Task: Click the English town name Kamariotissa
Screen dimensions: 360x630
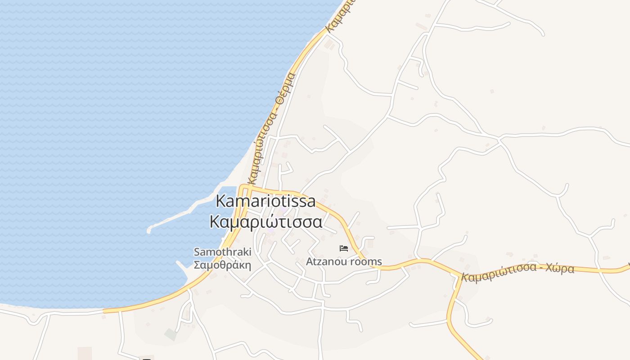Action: (x=265, y=201)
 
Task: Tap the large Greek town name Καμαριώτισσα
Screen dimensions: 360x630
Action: (x=266, y=222)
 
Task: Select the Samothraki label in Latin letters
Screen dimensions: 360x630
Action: (x=222, y=252)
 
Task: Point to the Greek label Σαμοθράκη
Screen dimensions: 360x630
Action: (x=222, y=265)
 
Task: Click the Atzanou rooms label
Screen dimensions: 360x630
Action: (x=344, y=261)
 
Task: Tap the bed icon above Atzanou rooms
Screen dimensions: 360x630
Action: (x=344, y=248)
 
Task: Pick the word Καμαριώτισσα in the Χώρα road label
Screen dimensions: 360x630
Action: (x=498, y=272)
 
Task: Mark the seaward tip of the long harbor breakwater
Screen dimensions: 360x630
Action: (x=149, y=231)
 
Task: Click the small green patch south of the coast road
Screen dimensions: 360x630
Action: (x=170, y=334)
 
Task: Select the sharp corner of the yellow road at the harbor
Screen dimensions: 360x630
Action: (x=242, y=186)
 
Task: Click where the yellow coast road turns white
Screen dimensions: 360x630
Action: (x=104, y=310)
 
